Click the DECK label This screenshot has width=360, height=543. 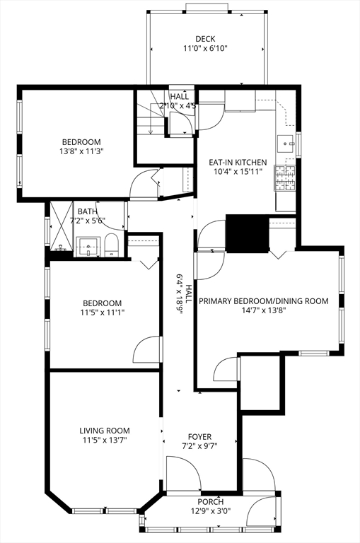coord(205,39)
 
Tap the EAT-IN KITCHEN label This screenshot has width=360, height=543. coord(238,162)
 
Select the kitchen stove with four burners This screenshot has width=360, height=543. coord(285,178)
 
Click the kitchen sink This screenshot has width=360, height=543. coord(286,143)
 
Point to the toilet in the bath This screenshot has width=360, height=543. coord(112,245)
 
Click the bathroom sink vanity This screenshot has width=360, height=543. coord(88,247)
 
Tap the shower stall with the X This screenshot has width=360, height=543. coord(62,226)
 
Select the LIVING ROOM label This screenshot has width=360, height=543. coord(105,431)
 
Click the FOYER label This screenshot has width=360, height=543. coord(199,437)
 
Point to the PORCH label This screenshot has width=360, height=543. coord(211,501)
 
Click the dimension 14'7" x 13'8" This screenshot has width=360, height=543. coord(264,310)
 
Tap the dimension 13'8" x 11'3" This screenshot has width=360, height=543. coord(82,151)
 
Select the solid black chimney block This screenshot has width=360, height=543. coord(247,233)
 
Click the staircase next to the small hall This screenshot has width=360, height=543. coord(151,119)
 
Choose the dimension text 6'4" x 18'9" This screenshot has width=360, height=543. coord(180,293)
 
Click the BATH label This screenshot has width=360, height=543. coord(87,211)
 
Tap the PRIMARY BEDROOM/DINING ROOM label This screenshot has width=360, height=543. coord(264,301)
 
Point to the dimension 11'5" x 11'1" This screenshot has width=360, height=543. coord(103,313)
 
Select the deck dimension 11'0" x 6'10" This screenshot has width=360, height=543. coord(205,48)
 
